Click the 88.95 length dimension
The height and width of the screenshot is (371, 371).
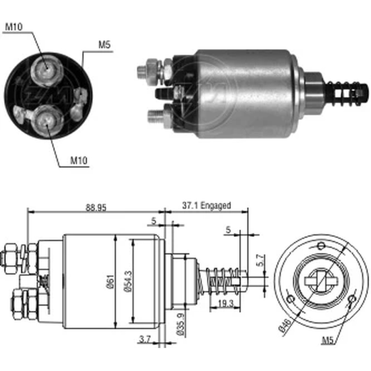[x=96, y=208]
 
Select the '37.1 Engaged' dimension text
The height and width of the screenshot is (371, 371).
[x=206, y=206]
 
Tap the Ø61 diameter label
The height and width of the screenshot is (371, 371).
[x=111, y=282]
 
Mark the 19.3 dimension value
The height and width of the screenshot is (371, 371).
[x=226, y=303]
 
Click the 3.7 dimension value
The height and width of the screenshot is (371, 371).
[x=145, y=339]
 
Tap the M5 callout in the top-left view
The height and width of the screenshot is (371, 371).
[x=104, y=45]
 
